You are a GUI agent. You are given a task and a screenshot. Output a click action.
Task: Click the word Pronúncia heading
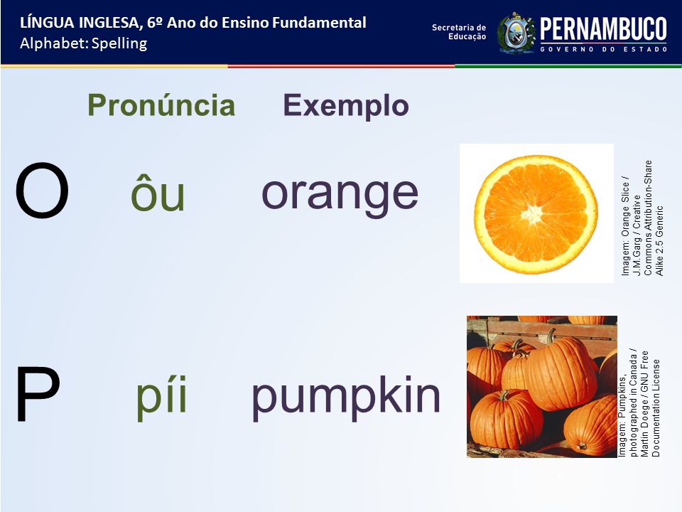click(x=161, y=105)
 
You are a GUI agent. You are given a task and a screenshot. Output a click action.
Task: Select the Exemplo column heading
click(x=346, y=106)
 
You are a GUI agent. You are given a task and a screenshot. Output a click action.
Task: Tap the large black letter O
click(x=42, y=191)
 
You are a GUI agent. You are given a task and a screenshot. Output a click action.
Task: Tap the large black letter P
click(x=38, y=394)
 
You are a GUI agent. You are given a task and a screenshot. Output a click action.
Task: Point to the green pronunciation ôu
click(x=158, y=193)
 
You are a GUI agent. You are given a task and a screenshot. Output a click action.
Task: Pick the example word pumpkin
click(x=346, y=397)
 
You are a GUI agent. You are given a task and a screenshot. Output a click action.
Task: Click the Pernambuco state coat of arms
click(x=516, y=33)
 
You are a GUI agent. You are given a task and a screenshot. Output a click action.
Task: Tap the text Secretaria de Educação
click(x=459, y=32)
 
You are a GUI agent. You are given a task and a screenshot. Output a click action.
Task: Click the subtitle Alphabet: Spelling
click(x=84, y=43)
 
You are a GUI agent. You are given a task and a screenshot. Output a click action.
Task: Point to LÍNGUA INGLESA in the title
click(x=80, y=23)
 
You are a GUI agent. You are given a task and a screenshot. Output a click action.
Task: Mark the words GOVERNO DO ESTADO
click(x=604, y=49)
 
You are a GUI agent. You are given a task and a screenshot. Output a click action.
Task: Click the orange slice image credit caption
click(x=642, y=218)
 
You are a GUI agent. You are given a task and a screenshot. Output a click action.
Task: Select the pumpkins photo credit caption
click(x=639, y=402)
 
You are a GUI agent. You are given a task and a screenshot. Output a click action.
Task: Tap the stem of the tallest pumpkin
click(x=551, y=335)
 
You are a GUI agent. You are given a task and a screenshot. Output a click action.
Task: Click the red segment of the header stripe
click(x=341, y=66)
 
